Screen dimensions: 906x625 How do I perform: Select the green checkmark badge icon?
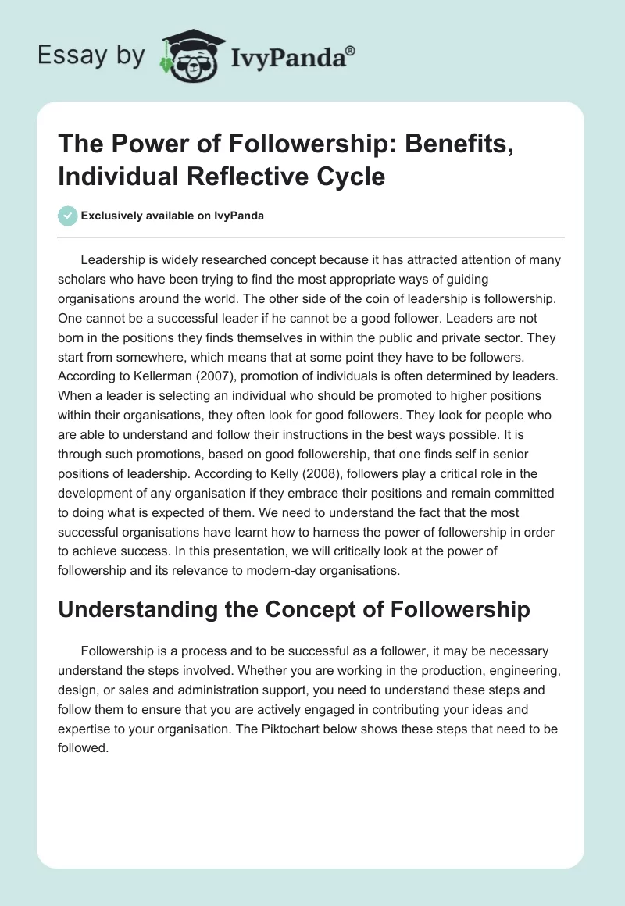pos(67,216)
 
